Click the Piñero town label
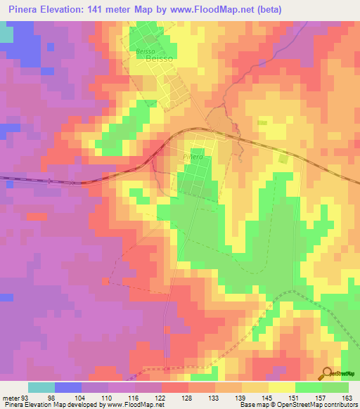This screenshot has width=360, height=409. tap(193, 157)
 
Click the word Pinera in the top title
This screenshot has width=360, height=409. tap(27, 10)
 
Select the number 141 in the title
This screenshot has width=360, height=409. tap(110, 10)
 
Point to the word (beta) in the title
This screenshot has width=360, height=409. tap(335, 10)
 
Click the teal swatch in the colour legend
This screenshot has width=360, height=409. tap(41, 388)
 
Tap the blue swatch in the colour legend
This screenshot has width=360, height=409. tap(68, 388)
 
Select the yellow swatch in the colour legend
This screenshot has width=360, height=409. tap(282, 388)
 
